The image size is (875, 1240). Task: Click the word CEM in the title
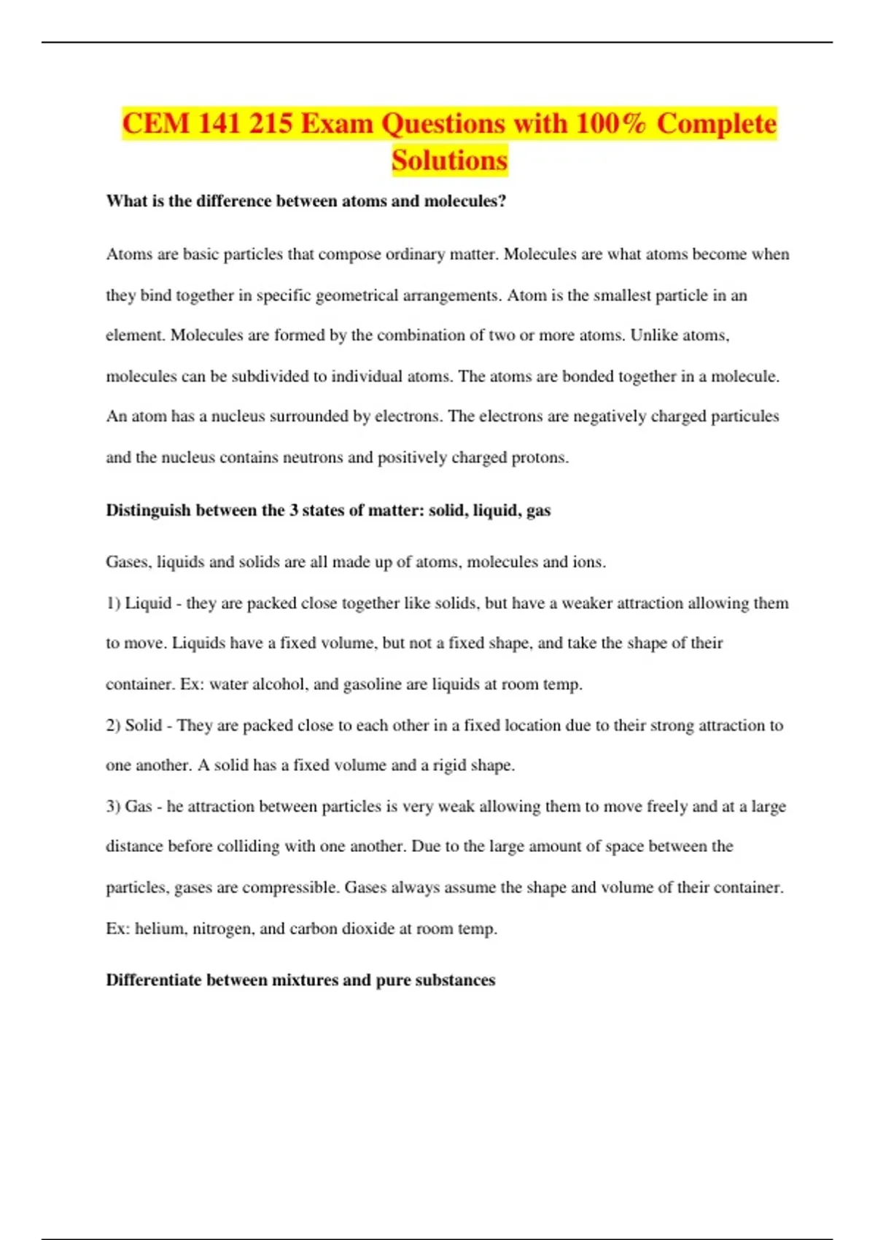[155, 123]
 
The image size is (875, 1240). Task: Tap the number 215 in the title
[270, 123]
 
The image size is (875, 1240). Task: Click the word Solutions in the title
[449, 160]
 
